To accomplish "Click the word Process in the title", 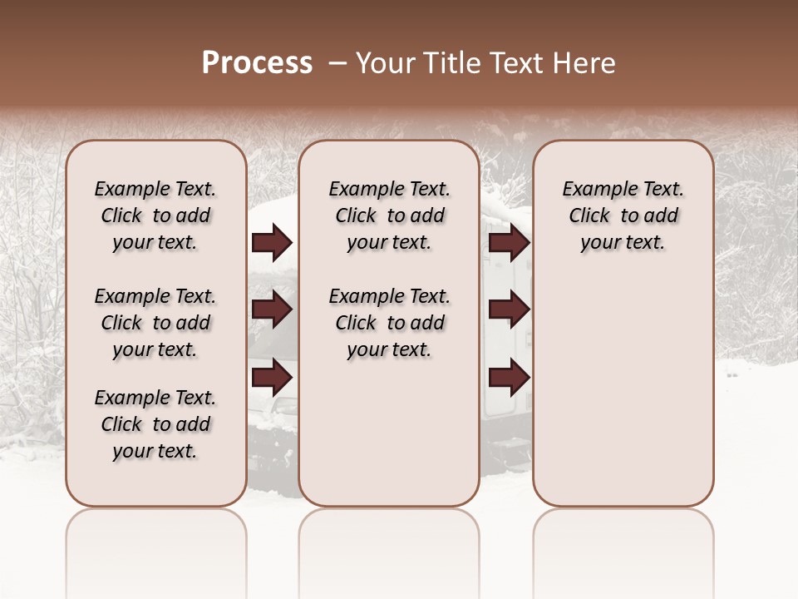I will [x=257, y=63].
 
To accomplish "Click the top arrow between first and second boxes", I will [x=272, y=243].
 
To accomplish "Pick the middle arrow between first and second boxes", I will [x=272, y=310].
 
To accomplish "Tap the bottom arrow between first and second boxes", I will [x=272, y=377].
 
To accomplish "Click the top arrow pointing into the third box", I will [x=509, y=243].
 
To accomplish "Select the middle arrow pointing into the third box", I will [x=509, y=310].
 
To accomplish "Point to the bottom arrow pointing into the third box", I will [x=509, y=377].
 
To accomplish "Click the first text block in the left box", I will [x=155, y=215].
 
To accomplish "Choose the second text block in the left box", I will [x=155, y=323].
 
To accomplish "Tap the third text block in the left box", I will [x=155, y=424].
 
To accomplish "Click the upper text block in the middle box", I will [x=389, y=215].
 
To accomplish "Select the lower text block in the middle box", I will [x=389, y=323].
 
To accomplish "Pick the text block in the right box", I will [x=623, y=215].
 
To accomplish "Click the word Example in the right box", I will [x=595, y=190].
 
